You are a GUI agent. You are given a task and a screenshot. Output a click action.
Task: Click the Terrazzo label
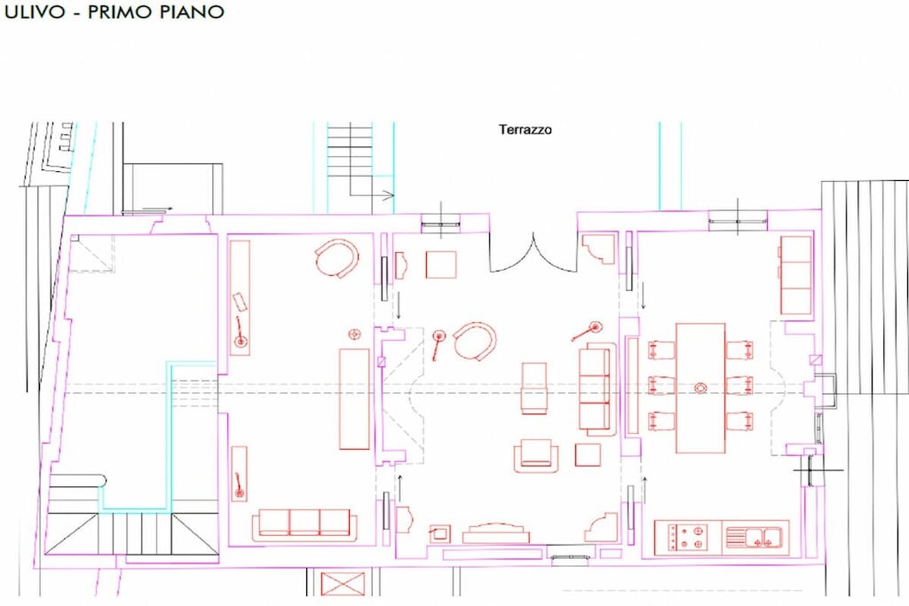click(526, 130)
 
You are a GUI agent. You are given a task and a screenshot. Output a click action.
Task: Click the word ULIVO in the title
click(35, 12)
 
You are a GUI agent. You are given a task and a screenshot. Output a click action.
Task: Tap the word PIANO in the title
click(190, 12)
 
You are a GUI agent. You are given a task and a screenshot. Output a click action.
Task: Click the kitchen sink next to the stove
click(755, 538)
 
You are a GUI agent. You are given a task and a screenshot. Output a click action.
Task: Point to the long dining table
click(700, 388)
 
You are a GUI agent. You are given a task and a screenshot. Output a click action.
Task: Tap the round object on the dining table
click(700, 388)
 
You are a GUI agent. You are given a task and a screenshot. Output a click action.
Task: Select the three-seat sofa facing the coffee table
click(597, 388)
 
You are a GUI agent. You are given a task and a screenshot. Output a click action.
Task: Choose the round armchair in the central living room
click(476, 342)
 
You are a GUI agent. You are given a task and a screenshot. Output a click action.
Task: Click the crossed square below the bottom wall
click(344, 584)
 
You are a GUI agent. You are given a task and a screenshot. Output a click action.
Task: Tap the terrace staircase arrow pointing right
click(381, 195)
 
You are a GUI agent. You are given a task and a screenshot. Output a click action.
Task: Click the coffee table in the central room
click(534, 388)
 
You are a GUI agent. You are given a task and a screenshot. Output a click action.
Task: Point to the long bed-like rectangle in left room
click(354, 398)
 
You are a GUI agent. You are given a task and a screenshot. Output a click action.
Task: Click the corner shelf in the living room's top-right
click(599, 249)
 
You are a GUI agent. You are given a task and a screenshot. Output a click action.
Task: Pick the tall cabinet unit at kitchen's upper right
click(796, 275)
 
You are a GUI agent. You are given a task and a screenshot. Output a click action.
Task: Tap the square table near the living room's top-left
click(440, 264)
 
